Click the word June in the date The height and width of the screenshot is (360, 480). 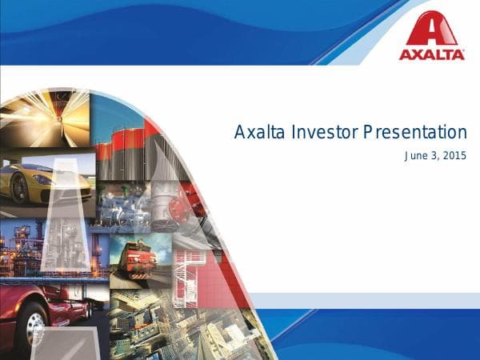(x=417, y=155)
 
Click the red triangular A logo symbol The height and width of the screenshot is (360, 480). (x=431, y=30)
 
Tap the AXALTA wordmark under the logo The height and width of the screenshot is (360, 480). (x=432, y=54)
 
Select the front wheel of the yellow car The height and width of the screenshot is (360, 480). (x=18, y=190)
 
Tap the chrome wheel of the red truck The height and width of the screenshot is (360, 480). (x=34, y=324)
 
